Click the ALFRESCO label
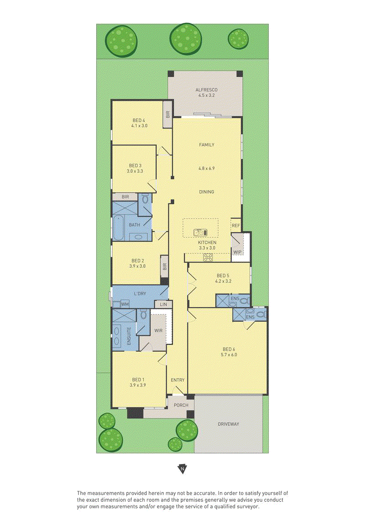[206, 90]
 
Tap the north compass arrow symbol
[182, 469]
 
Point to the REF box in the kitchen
[236, 226]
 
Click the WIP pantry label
[237, 252]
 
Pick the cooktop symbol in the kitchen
[208, 257]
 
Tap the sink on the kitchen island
[200, 233]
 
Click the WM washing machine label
[125, 304]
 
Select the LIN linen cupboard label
[164, 304]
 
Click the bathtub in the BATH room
[119, 229]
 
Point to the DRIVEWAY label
[228, 424]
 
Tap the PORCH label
[181, 405]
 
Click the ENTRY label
[178, 380]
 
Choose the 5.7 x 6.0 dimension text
[229, 355]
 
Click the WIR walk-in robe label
[158, 330]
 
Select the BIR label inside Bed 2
[165, 266]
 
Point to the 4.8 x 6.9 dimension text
[206, 168]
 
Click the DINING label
[206, 192]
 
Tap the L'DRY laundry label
[140, 293]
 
